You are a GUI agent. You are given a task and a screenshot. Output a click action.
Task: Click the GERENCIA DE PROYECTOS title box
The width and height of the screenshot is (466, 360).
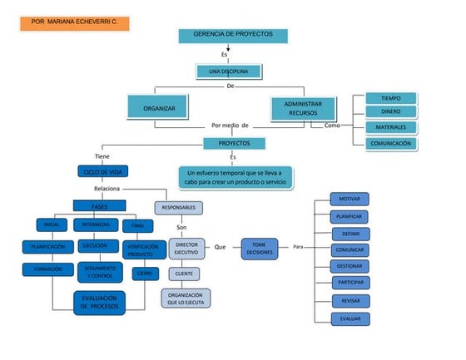[x=232, y=35]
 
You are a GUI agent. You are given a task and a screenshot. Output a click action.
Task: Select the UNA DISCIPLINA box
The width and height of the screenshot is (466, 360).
[x=229, y=72]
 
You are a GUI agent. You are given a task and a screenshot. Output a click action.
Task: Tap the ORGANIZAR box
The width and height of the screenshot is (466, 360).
[x=159, y=108]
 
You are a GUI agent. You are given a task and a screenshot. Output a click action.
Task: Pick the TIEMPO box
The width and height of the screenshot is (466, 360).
[x=390, y=97]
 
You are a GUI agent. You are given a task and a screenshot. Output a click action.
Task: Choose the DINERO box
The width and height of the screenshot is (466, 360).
[x=390, y=111]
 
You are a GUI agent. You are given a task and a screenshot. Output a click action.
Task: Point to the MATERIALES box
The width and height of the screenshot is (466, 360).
[x=390, y=127]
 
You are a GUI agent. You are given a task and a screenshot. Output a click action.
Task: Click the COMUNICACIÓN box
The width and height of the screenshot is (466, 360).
[x=390, y=143]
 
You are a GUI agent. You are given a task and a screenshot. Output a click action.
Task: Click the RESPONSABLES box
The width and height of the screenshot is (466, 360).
[x=179, y=206]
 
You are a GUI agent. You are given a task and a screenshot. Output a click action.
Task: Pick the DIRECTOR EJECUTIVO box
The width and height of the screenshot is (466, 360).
[x=186, y=247]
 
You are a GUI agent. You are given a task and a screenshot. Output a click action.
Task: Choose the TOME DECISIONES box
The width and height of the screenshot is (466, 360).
[x=259, y=248]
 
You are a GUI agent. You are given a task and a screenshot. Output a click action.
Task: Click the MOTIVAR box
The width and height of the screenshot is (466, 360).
[x=344, y=200]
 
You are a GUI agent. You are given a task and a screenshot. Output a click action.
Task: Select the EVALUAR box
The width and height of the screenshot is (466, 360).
[x=344, y=318]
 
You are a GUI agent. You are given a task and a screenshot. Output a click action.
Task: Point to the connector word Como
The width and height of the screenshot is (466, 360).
[x=332, y=125]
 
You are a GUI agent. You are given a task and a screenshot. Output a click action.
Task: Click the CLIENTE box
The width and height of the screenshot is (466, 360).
[x=185, y=274]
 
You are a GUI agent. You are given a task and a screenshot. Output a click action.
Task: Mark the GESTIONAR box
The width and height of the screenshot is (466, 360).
[x=344, y=266]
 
